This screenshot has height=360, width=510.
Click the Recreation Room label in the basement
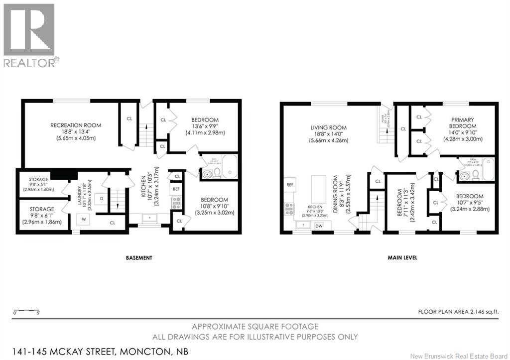(76, 131)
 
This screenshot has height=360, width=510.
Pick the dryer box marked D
(102, 199)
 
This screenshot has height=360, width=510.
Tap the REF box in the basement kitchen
(176, 189)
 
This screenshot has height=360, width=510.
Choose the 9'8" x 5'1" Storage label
(38, 182)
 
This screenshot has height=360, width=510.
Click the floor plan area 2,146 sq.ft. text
(459, 312)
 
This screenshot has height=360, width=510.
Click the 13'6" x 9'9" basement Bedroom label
(205, 126)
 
